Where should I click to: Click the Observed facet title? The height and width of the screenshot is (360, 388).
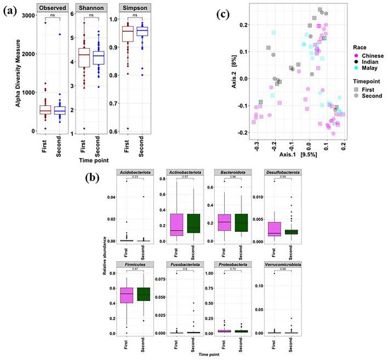coord(47,9)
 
